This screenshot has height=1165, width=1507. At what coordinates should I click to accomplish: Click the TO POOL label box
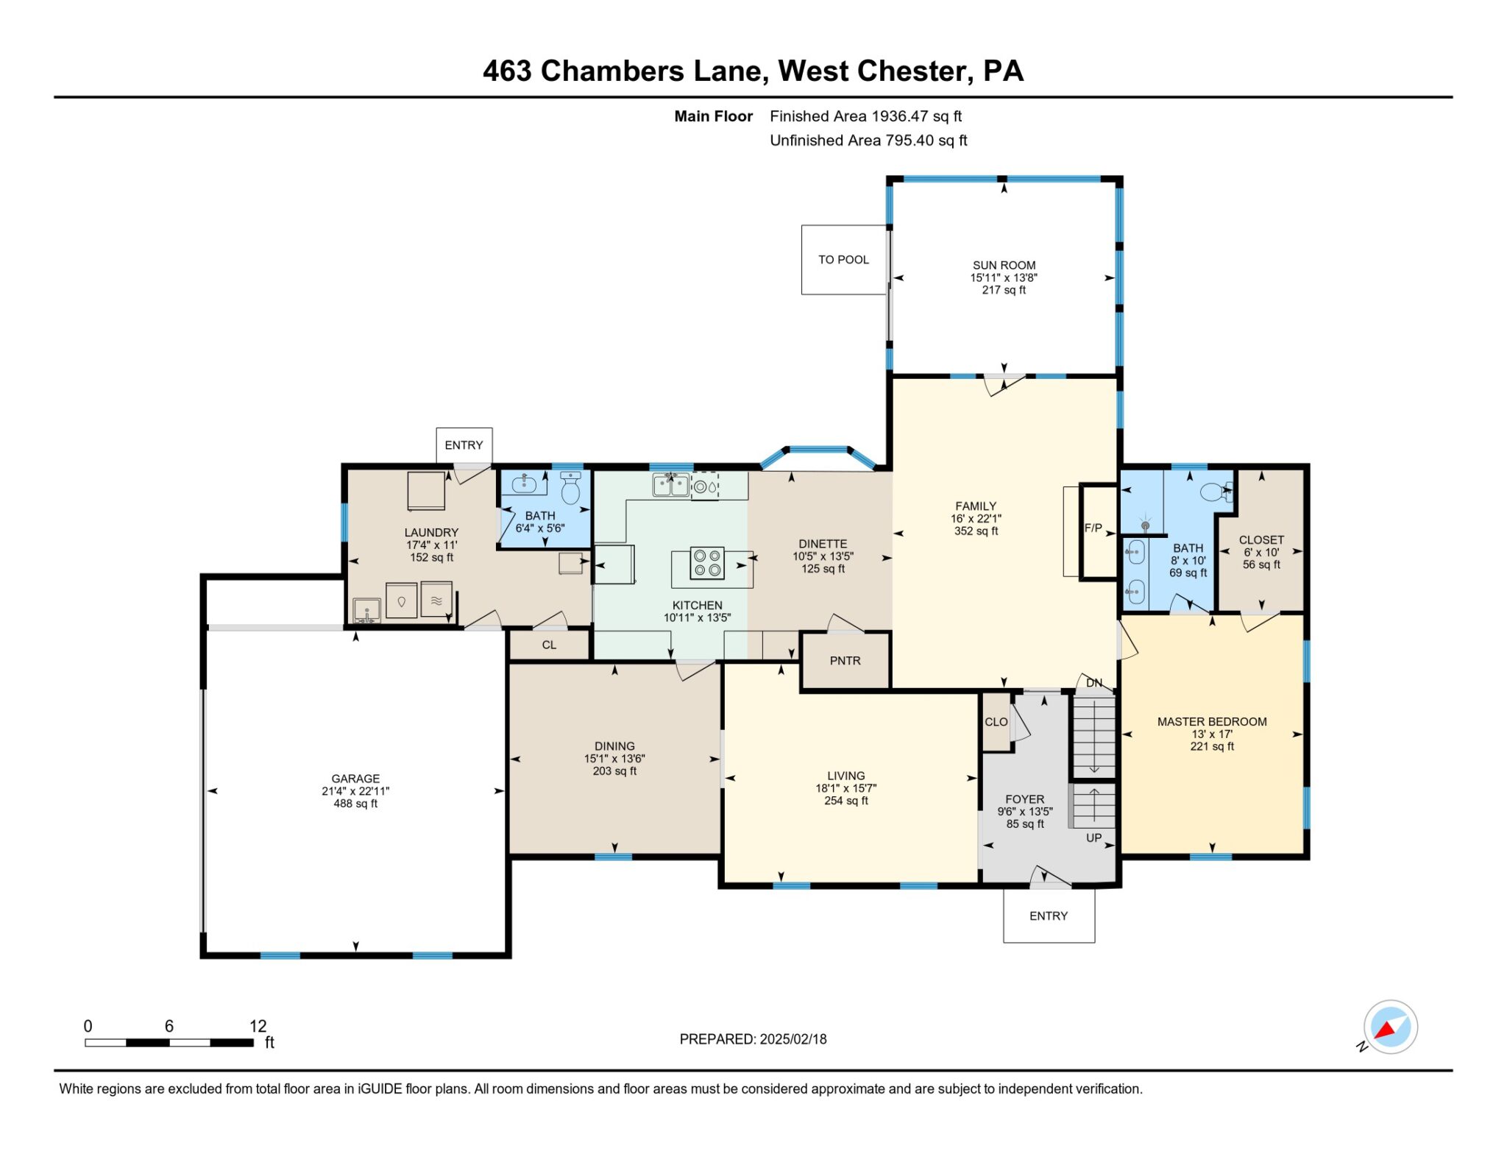click(843, 260)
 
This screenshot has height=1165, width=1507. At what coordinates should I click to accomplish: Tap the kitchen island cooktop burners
click(706, 563)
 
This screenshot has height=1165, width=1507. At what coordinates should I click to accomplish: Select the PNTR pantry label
click(845, 661)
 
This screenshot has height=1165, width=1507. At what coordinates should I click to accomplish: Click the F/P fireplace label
click(1093, 528)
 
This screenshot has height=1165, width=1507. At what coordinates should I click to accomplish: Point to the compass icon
click(1390, 1027)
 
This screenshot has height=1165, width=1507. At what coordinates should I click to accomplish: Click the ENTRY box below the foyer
click(1048, 916)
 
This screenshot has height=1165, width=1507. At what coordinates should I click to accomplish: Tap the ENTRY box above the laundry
click(464, 445)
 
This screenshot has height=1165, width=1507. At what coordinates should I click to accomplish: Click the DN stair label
click(1094, 683)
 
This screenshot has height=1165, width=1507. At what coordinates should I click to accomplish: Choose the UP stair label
click(1094, 838)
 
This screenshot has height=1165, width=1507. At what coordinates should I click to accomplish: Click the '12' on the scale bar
click(258, 1026)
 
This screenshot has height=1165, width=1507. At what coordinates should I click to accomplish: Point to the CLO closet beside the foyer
click(996, 722)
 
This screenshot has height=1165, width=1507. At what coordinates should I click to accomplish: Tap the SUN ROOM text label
click(1004, 265)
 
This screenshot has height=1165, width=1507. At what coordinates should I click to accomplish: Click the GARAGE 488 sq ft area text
click(355, 804)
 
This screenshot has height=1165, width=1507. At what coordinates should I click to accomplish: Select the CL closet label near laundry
click(549, 645)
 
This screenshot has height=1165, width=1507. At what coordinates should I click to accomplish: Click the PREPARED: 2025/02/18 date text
click(753, 1039)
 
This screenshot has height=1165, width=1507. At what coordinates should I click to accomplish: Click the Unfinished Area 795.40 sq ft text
click(868, 141)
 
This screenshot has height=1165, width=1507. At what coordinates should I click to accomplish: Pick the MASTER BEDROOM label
click(1211, 722)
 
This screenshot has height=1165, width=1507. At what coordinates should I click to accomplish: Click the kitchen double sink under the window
click(670, 485)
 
